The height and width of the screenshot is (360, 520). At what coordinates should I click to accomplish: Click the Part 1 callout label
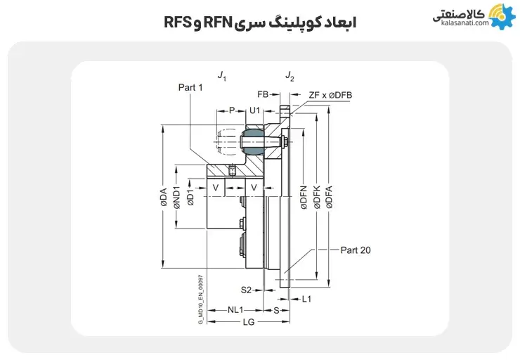190,87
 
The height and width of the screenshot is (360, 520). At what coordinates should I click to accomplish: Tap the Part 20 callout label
355,250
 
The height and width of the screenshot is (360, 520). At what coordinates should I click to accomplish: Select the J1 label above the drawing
222,75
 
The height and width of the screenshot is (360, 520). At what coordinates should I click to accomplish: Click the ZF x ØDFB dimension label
330,94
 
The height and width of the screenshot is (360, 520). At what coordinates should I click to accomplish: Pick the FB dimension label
263,94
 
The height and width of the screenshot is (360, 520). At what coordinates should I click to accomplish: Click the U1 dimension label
255,111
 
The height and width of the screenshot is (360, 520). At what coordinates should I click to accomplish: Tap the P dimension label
231,111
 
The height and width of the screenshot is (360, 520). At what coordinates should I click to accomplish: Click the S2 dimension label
247,289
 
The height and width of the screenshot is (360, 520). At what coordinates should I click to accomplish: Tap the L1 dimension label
306,299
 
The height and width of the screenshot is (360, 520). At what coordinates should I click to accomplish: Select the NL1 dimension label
235,309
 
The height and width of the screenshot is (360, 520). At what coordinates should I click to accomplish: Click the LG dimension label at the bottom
248,322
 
